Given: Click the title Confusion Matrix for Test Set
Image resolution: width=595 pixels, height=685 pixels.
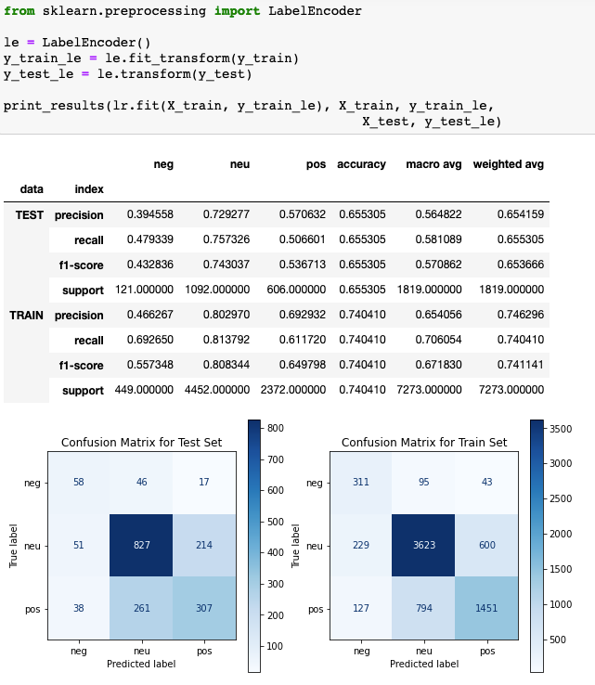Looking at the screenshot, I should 142,442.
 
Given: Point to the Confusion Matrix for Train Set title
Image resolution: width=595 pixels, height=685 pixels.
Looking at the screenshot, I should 424,442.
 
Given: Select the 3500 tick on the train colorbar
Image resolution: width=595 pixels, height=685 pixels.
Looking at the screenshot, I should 562,429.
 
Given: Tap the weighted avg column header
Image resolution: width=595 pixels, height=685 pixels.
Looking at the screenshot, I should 508,164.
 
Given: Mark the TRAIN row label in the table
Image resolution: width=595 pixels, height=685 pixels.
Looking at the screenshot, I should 26,316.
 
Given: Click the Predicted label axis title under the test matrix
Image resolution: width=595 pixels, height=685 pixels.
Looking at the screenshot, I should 142,664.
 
